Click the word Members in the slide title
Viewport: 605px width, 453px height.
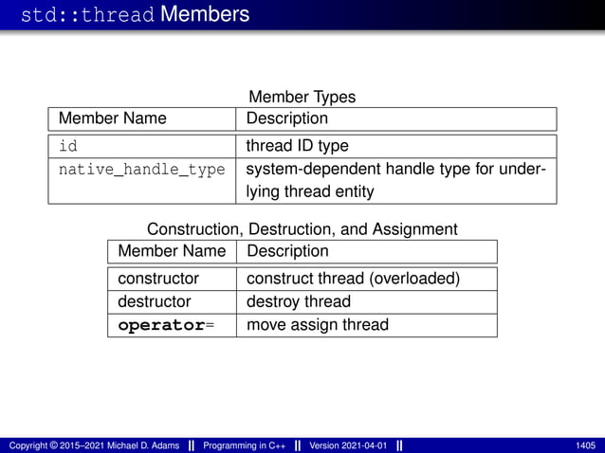coord(205,14)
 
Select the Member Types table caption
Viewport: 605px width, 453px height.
coord(302,97)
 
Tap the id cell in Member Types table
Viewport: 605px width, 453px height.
coord(68,146)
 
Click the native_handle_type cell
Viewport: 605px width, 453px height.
coord(141,170)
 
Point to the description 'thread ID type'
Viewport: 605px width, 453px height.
coord(297,146)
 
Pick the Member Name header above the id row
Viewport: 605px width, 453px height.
coord(112,118)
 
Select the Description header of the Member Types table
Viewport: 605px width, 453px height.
coord(286,118)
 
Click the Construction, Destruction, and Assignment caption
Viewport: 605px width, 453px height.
coord(302,229)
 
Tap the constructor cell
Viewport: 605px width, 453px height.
coord(157,279)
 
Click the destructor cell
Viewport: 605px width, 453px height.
coord(154,301)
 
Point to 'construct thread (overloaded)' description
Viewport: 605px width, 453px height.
coord(353,279)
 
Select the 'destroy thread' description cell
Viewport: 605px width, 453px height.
coord(298,301)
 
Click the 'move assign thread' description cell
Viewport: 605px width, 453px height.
coord(317,325)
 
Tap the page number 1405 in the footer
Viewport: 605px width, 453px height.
coord(585,445)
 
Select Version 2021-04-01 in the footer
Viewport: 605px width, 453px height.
coord(348,445)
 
